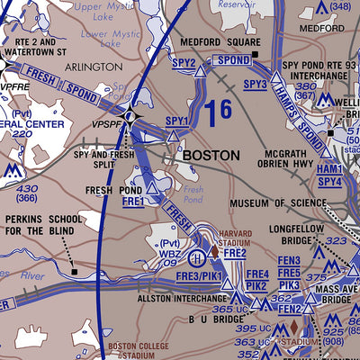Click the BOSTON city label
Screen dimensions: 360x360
[x=211, y=155]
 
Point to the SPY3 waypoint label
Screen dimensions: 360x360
[x=255, y=84]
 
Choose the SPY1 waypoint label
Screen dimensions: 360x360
[x=177, y=121]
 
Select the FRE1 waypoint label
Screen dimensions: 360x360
[x=133, y=202]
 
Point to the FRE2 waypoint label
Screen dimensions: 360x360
[x=235, y=253]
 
